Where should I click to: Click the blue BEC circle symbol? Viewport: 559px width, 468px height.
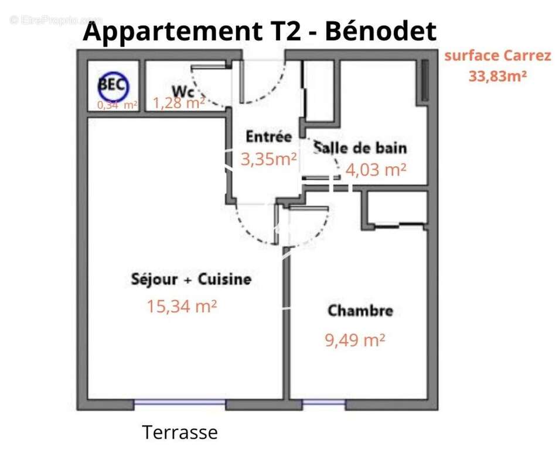point(112,84)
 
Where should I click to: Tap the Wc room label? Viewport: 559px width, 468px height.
point(183,91)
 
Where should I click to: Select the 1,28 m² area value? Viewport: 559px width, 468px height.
point(179,104)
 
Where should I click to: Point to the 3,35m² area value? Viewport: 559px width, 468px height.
point(269,159)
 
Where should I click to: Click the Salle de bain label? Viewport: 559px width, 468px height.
point(360,147)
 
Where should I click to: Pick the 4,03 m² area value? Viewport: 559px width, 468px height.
point(376,170)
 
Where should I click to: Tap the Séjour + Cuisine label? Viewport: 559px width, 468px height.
point(191,279)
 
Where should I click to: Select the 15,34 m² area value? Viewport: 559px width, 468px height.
point(182,305)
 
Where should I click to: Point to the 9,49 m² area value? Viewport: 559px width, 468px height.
point(355,340)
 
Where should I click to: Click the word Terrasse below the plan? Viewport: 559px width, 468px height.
point(180,432)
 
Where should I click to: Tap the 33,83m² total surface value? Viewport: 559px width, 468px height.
point(497,75)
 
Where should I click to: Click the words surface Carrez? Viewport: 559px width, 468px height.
point(497,56)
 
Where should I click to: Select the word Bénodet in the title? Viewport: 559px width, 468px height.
point(380,30)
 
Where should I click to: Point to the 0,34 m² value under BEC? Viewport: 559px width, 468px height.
point(117,105)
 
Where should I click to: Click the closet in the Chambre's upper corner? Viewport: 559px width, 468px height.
point(397,207)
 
